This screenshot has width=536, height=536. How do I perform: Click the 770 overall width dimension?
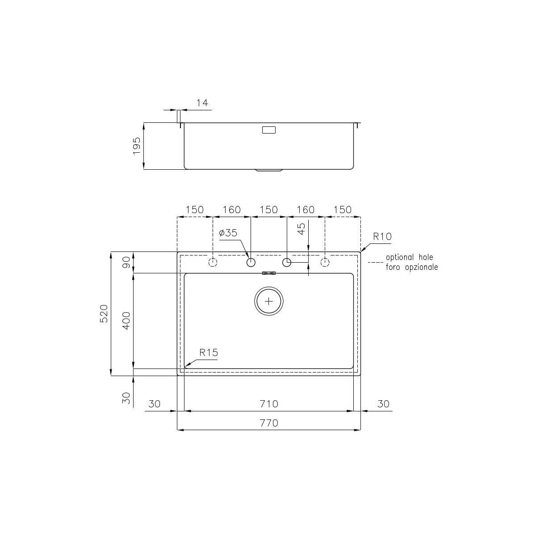point(269,423)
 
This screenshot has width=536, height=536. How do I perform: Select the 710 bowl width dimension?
point(269,404)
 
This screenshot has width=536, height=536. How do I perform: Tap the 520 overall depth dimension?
point(104,314)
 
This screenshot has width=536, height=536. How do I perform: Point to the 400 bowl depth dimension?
point(126,321)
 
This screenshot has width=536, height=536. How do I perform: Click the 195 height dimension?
point(137,146)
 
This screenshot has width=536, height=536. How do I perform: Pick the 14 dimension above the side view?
point(202,103)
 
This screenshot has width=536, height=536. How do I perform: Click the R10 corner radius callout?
point(382,236)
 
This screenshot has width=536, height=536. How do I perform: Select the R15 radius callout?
point(209,353)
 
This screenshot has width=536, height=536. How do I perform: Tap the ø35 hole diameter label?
point(228,233)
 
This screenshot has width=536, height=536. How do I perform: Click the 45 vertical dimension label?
point(301,229)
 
